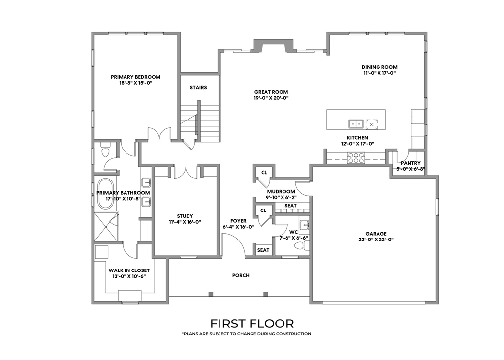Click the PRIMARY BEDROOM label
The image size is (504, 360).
(x=135, y=77)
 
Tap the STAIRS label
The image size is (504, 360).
(x=198, y=88)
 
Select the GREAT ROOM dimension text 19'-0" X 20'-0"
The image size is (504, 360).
(x=271, y=98)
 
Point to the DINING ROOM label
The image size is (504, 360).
(x=379, y=67)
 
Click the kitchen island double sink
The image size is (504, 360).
(x=356, y=123)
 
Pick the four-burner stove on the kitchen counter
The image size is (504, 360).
(x=356, y=158)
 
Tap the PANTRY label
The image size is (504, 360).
(x=410, y=163)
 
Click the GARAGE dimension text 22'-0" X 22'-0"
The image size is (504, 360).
(x=376, y=239)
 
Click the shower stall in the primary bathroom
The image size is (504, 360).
(x=106, y=226)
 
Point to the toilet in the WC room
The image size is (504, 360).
(x=302, y=246)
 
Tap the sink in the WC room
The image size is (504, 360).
(x=304, y=225)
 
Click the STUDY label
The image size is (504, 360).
(x=185, y=216)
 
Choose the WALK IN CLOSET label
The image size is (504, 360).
(x=129, y=270)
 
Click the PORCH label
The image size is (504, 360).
(x=241, y=275)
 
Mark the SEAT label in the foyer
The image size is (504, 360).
(x=263, y=250)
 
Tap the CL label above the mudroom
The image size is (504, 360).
(x=264, y=173)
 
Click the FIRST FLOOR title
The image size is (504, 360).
(x=252, y=323)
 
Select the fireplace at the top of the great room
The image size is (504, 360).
(x=274, y=45)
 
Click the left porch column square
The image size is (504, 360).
(x=211, y=294)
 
